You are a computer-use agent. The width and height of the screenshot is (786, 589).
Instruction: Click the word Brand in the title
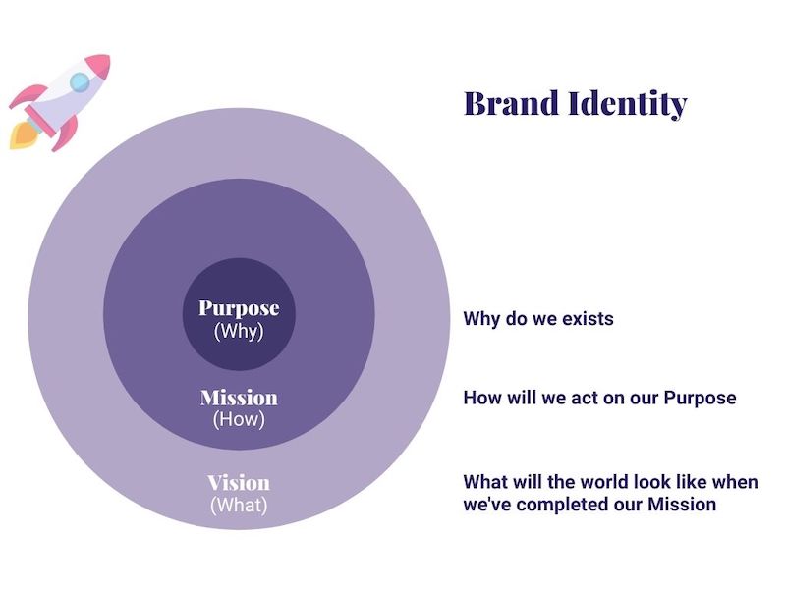click(x=511, y=103)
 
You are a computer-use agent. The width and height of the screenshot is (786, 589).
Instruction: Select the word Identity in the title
click(x=628, y=104)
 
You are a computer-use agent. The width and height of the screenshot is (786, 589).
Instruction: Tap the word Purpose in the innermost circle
click(x=239, y=309)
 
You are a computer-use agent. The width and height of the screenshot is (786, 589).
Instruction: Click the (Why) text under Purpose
click(x=239, y=331)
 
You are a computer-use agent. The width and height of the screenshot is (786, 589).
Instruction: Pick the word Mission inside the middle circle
click(x=239, y=398)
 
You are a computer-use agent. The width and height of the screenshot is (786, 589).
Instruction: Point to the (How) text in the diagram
click(x=239, y=419)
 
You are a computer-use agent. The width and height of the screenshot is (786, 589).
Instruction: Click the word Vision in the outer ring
click(x=239, y=483)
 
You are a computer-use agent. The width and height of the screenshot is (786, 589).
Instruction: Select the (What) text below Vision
click(x=239, y=505)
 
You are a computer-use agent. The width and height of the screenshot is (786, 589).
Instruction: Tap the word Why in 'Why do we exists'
click(x=481, y=318)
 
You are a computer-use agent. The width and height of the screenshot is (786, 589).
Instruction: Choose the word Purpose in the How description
click(x=700, y=398)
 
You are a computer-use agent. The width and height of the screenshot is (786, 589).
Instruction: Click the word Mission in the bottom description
click(x=682, y=504)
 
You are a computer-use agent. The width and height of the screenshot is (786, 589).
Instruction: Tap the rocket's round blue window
click(x=80, y=81)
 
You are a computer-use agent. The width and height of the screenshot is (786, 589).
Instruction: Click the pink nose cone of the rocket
click(x=99, y=66)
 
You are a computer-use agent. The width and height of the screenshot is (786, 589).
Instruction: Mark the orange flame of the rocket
click(x=24, y=135)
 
